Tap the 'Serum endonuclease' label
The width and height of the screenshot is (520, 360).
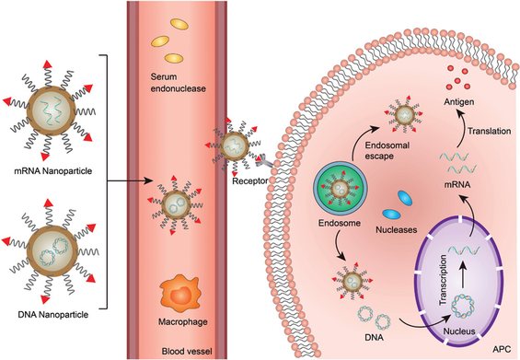click(x=178, y=83)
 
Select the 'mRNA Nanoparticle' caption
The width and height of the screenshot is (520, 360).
click(x=53, y=171)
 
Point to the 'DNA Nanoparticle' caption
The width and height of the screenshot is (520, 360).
click(x=53, y=314)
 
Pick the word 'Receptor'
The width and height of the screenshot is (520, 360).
click(x=250, y=181)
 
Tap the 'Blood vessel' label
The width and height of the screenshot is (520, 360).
click(x=187, y=351)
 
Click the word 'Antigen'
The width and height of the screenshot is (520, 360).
click(x=459, y=102)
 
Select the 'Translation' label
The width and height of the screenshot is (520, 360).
click(x=489, y=131)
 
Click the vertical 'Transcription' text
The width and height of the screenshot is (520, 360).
click(x=443, y=280)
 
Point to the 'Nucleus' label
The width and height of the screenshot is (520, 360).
click(x=459, y=331)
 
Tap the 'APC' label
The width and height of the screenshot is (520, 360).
click(x=502, y=349)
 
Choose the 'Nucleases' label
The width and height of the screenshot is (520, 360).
click(x=397, y=229)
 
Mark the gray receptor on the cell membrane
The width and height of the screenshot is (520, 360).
click(x=264, y=161)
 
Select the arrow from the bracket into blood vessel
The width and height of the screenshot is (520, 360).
click(x=131, y=181)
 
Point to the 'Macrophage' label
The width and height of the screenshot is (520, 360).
click(x=183, y=322)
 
